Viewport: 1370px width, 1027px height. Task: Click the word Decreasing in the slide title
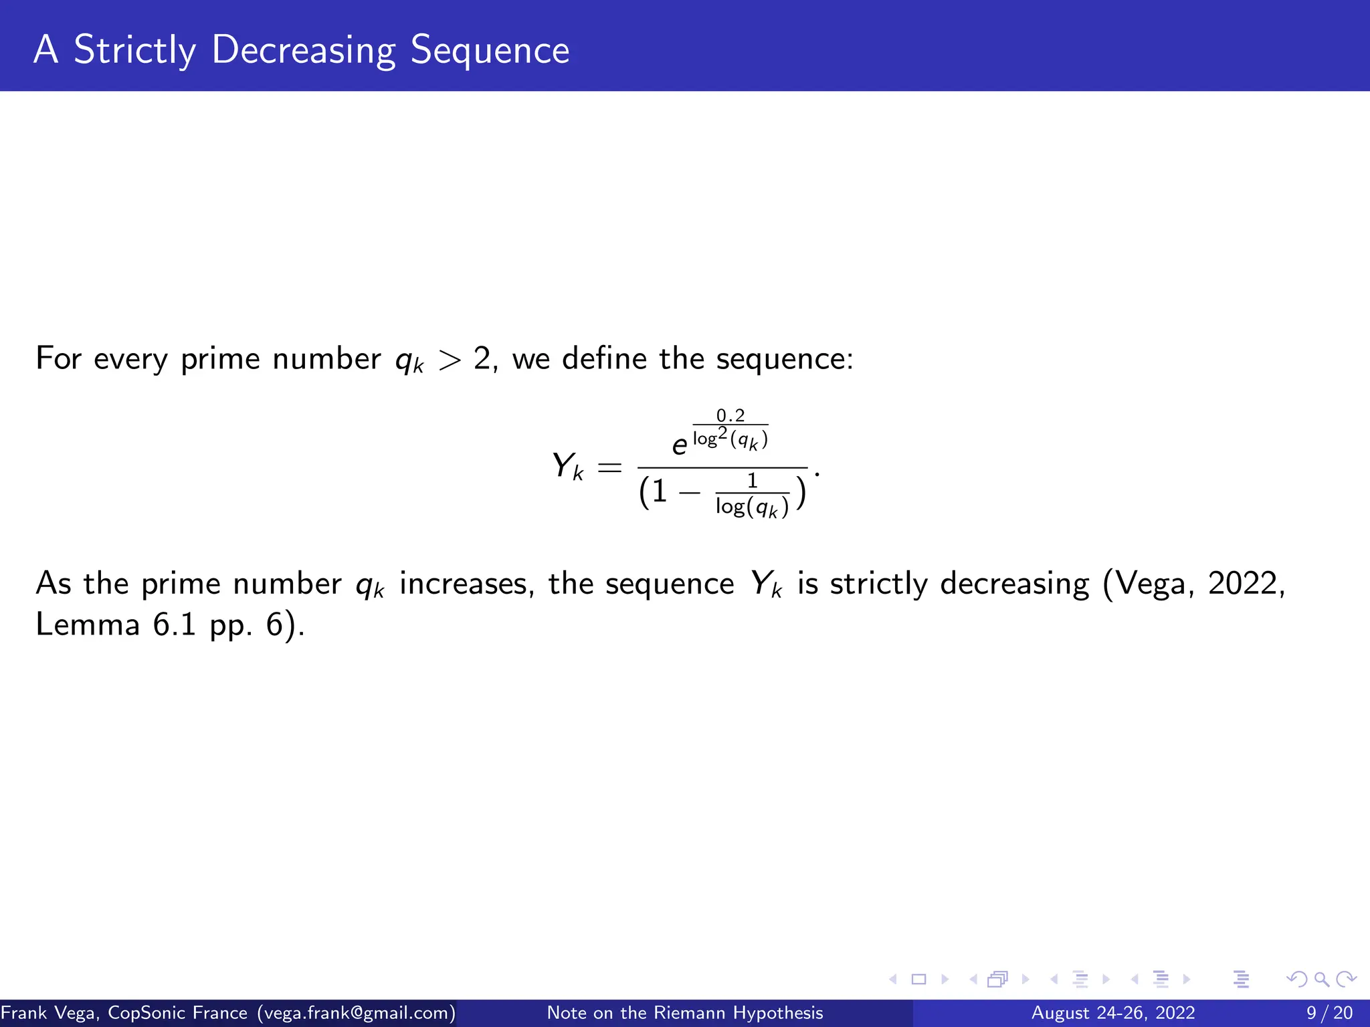point(303,50)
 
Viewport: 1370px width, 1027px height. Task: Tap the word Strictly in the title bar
point(134,50)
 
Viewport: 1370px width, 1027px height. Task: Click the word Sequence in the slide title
point(490,50)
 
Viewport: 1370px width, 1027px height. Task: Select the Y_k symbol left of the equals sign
point(567,466)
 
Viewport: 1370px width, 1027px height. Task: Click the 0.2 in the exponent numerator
point(730,415)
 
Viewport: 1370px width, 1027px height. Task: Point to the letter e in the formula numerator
point(680,445)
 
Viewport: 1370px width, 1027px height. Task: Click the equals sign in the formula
point(609,467)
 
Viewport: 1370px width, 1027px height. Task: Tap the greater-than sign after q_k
point(450,360)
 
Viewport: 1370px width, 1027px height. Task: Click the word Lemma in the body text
point(88,625)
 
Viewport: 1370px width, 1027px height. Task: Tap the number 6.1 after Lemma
point(175,625)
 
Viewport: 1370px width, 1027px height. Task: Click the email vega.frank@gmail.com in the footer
point(356,1013)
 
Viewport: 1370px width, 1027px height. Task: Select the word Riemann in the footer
point(690,1013)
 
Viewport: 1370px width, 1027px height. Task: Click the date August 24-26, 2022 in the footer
point(1113,1013)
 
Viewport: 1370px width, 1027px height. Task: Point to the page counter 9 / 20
point(1330,1013)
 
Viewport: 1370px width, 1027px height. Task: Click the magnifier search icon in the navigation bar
point(1321,980)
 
